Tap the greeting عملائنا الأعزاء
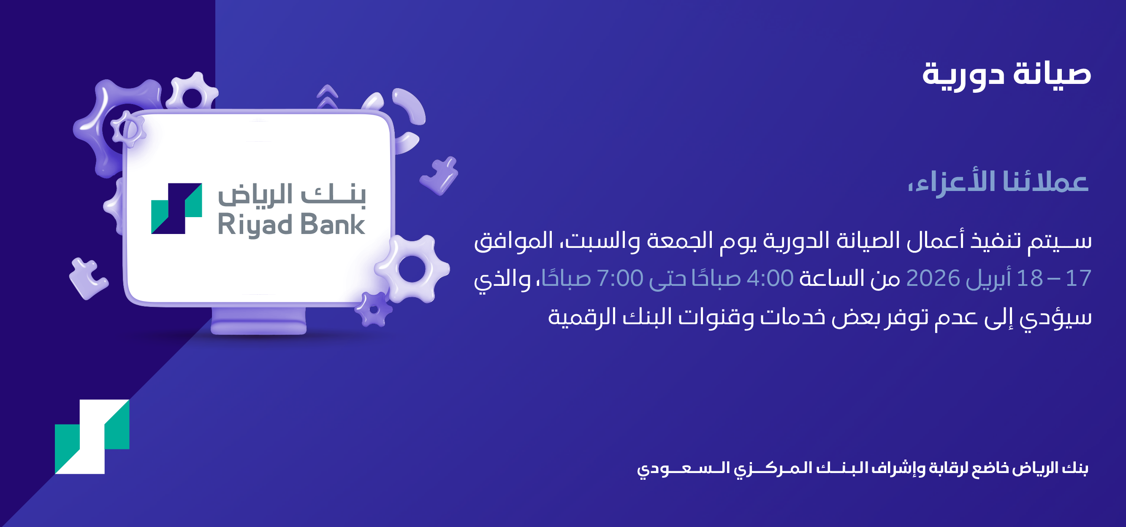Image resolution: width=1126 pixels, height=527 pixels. tap(998, 183)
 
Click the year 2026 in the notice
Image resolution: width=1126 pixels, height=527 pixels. tap(933, 278)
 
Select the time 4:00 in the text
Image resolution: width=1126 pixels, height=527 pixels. tap(770, 278)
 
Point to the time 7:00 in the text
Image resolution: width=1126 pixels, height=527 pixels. tap(620, 278)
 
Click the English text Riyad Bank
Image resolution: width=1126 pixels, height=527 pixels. tap(292, 225)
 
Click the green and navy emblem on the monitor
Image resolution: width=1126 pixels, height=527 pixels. tap(176, 209)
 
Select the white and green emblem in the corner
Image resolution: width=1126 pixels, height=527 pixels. tap(92, 437)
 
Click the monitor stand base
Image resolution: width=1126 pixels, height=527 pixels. tap(258, 323)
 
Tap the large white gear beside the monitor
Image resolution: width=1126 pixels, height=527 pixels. tap(412, 269)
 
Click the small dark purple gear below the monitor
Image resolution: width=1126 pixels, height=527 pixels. tap(373, 309)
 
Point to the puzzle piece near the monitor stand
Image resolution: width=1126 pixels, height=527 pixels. tap(88, 279)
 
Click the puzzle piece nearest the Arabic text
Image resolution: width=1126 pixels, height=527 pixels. tap(440, 175)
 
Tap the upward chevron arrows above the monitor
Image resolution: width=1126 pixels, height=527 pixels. tap(327, 96)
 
